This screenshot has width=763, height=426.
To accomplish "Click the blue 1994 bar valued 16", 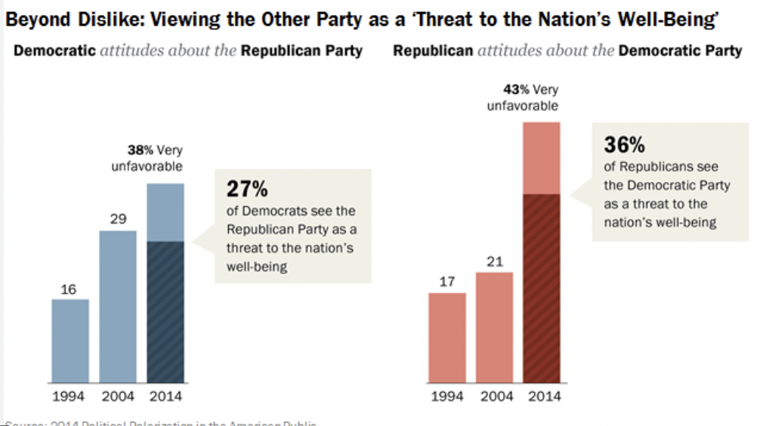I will [x=70, y=341].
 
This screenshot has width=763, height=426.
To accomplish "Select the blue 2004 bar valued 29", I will [x=118, y=306].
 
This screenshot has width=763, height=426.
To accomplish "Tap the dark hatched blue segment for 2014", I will [x=165, y=311].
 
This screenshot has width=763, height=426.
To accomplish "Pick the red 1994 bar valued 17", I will [x=446, y=337].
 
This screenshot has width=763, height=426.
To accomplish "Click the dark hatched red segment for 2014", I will [x=542, y=288].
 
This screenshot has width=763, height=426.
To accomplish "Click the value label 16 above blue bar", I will [x=69, y=289].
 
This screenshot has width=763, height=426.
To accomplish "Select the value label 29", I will [x=118, y=220].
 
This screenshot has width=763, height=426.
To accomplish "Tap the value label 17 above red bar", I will [x=446, y=282].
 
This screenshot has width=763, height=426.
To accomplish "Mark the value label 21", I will [x=494, y=261].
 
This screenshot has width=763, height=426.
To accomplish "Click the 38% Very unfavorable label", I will [x=147, y=158].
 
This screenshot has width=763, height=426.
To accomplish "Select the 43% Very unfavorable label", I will [x=523, y=97].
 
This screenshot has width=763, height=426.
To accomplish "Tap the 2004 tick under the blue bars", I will [x=118, y=397].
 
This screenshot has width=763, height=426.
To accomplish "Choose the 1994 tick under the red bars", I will [x=446, y=397].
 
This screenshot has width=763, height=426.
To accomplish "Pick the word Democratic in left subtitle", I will [x=55, y=51].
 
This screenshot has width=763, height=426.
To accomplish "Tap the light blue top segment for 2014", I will [x=165, y=212].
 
